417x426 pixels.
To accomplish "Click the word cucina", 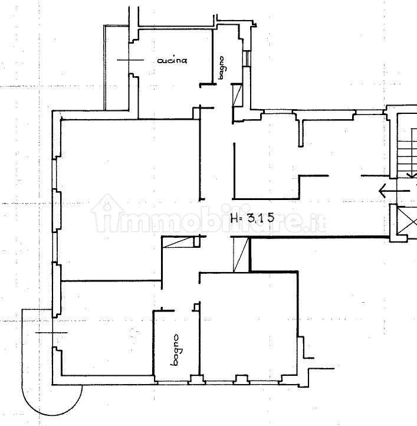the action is (172, 60).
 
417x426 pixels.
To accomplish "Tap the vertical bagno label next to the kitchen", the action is (221, 68).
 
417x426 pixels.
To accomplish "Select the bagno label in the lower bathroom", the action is (175, 350).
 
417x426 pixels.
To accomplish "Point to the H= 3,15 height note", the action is (252, 218).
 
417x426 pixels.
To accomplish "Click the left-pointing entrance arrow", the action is (394, 191).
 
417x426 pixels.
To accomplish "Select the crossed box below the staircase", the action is (406, 221).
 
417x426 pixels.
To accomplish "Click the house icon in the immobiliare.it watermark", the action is (107, 213).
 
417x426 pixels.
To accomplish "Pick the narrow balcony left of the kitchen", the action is (116, 68).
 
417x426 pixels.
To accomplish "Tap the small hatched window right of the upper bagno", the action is (247, 58).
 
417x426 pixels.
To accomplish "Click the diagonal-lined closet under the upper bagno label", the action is (237, 95).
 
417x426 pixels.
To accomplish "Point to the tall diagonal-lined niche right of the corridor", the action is (241, 254).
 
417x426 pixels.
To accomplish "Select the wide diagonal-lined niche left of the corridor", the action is (178, 242).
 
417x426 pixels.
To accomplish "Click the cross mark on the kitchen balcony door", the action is (130, 60).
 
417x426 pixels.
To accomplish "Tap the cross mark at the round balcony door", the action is (51, 333).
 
